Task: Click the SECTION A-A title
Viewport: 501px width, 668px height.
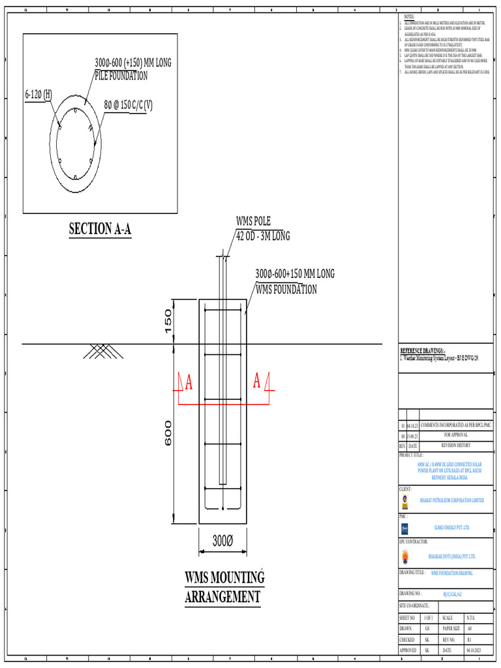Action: tap(100, 229)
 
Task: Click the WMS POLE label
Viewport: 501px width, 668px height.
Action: tap(253, 221)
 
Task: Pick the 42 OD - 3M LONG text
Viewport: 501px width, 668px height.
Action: tap(263, 235)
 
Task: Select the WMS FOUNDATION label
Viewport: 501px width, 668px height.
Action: tap(286, 289)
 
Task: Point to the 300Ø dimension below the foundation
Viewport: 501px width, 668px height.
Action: tap(222, 541)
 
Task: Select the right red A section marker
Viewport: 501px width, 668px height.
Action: tap(258, 380)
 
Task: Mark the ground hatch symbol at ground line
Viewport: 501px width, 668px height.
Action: tap(100, 352)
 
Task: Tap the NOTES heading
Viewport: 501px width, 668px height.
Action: tap(409, 16)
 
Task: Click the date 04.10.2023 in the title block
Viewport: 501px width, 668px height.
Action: tap(474, 650)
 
